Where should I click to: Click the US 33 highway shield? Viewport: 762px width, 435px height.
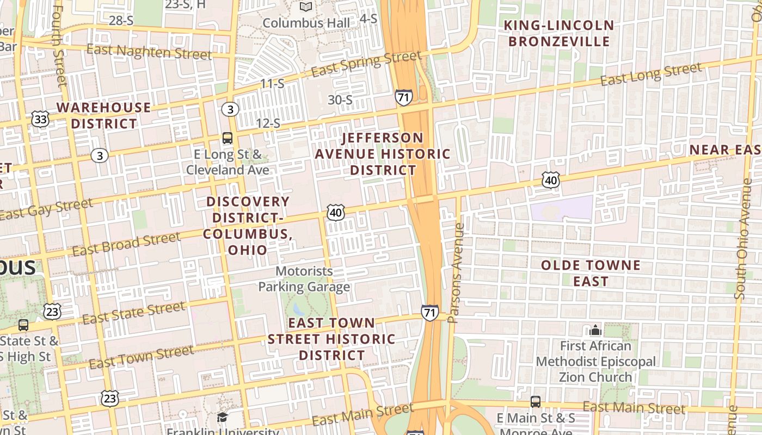[x=39, y=119]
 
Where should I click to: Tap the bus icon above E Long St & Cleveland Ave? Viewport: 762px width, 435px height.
[x=228, y=138]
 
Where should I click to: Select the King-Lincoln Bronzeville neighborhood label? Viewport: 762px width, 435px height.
[x=559, y=33]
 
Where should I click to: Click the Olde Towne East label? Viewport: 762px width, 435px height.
[x=591, y=274]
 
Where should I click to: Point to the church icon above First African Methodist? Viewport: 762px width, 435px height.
[x=595, y=330]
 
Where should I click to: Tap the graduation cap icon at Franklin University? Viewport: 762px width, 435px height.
[x=222, y=418]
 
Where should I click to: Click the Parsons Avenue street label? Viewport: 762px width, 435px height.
[x=455, y=273]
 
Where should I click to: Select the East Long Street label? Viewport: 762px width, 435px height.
[x=651, y=74]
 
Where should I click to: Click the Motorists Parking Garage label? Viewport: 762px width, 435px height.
[x=304, y=278]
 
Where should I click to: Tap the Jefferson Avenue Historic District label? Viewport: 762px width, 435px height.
[x=383, y=154]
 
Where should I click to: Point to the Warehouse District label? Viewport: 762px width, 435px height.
[x=103, y=115]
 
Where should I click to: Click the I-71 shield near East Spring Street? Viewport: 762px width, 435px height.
[x=403, y=97]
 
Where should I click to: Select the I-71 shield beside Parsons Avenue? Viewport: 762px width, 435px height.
[x=429, y=313]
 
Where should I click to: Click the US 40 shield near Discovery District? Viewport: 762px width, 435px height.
[x=336, y=213]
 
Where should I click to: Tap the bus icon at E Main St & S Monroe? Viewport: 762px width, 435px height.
[x=536, y=402]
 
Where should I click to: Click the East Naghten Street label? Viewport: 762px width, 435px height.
[x=149, y=52]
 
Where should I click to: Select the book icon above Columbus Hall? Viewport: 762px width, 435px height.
[x=306, y=7]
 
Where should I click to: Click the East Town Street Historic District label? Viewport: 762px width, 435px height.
[x=331, y=339]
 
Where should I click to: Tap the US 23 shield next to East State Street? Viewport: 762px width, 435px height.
[x=52, y=311]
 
